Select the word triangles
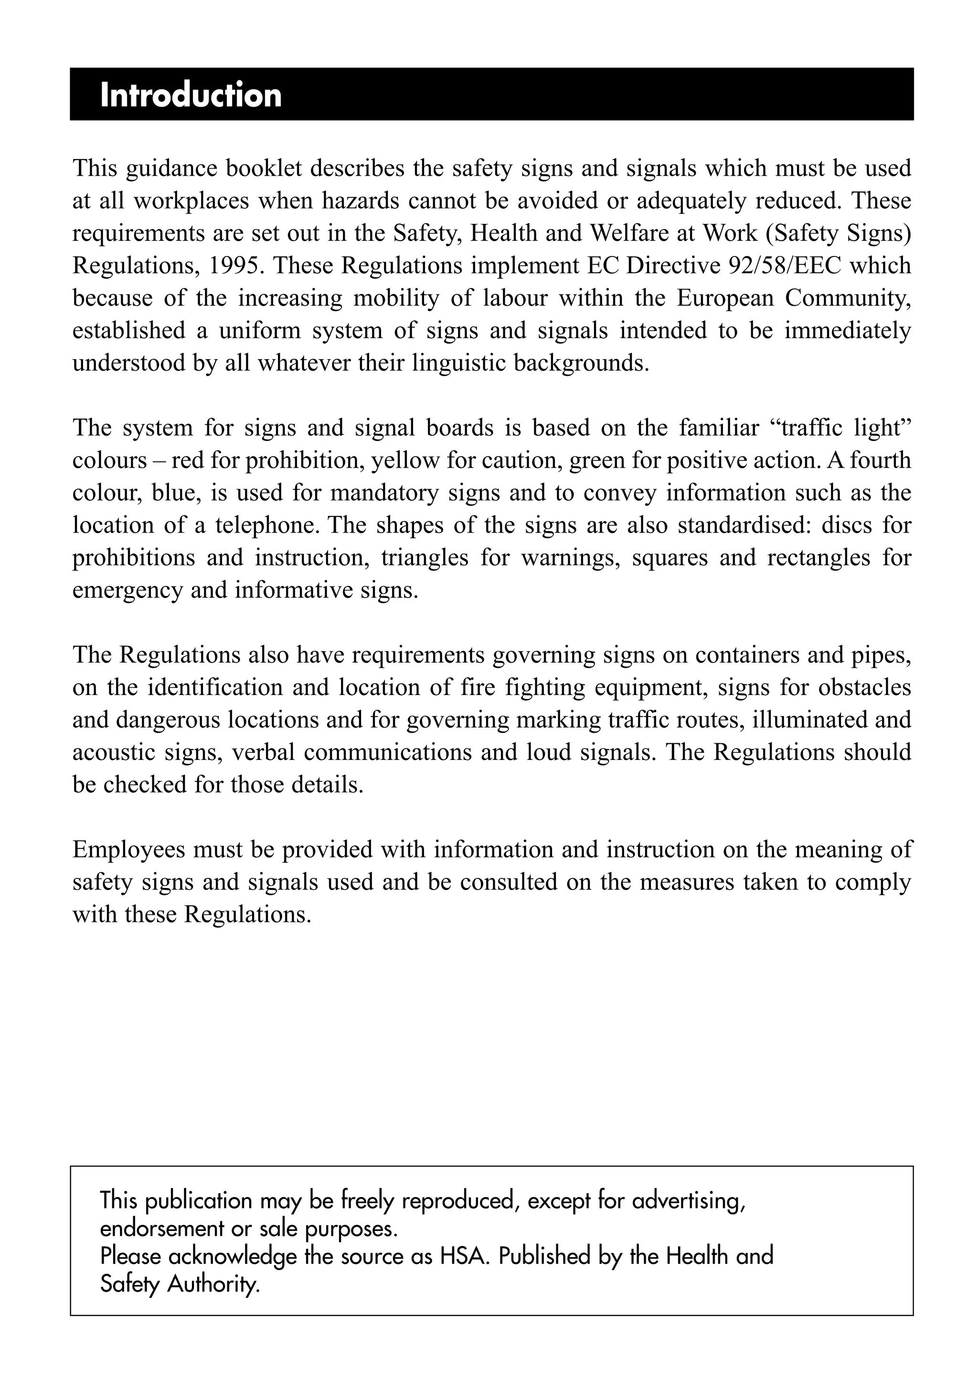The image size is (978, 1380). point(425,558)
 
